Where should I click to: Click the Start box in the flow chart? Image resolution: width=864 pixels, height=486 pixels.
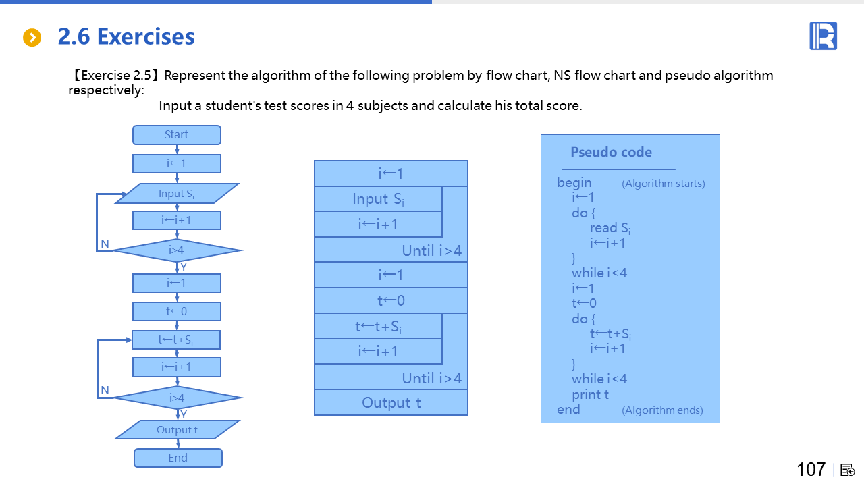[177, 135]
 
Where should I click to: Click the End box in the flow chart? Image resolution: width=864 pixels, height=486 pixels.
[178, 458]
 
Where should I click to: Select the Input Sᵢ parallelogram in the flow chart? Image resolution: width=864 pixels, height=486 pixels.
[177, 194]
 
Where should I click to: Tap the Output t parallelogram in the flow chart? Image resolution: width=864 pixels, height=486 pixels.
[178, 430]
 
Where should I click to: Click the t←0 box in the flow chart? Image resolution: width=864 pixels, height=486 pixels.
[177, 311]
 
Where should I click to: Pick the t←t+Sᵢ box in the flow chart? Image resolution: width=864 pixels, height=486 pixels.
[176, 340]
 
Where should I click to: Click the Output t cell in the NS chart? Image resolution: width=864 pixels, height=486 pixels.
[391, 403]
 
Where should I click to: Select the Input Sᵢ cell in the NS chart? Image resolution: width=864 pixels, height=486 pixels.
[379, 199]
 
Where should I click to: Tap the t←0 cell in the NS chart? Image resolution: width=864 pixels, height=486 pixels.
[391, 301]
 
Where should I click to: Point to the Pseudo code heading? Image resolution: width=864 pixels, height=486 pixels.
[611, 153]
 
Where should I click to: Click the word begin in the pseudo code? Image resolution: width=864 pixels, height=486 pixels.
[574, 183]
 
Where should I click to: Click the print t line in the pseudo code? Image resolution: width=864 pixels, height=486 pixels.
[591, 394]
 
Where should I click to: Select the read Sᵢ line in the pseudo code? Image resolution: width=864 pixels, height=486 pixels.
[610, 228]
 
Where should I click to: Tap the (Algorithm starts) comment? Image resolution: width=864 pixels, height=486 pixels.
[664, 184]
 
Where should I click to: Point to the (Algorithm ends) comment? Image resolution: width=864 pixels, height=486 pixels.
[662, 410]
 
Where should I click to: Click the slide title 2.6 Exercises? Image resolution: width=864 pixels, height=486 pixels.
[126, 36]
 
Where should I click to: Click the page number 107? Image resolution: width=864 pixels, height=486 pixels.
[811, 469]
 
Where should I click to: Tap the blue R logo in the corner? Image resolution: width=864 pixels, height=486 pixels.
[823, 36]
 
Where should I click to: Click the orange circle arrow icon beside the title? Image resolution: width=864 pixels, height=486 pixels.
[32, 38]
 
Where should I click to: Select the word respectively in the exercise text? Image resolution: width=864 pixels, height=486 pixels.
[101, 90]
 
